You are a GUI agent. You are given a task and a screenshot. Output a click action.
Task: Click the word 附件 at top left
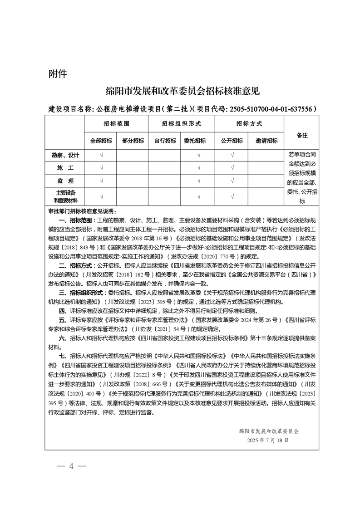click(x=58, y=74)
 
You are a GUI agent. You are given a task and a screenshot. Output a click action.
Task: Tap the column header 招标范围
click(x=116, y=123)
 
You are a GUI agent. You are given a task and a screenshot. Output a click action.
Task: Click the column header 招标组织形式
click(x=181, y=123)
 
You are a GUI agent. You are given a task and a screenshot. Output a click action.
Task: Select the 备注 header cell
click(x=301, y=135)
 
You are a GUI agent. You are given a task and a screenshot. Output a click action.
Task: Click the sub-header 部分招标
click(x=133, y=141)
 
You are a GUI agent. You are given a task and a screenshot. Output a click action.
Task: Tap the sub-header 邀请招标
click(x=266, y=141)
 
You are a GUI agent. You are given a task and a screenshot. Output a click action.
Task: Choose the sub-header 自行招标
click(x=165, y=141)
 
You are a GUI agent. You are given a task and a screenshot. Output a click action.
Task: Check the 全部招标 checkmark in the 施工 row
click(x=101, y=168)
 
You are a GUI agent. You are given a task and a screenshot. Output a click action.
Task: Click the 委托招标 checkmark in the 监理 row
click(x=199, y=181)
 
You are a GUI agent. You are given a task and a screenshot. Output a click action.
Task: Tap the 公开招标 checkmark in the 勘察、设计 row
click(x=232, y=155)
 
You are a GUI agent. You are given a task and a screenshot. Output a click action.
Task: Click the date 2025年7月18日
click(x=268, y=440)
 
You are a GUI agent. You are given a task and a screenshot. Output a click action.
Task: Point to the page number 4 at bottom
click(x=71, y=466)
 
